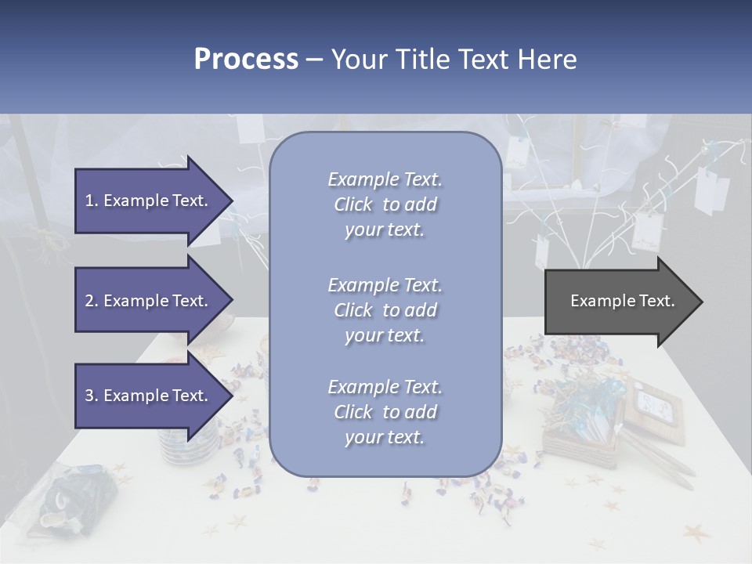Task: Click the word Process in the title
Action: (x=246, y=60)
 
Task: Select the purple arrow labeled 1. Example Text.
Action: (x=149, y=201)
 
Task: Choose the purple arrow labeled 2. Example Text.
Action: (x=149, y=301)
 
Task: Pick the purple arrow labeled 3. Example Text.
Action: (x=149, y=396)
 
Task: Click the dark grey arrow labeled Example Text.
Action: (x=619, y=302)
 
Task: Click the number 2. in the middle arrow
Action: (x=92, y=301)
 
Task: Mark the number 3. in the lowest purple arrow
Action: (x=92, y=396)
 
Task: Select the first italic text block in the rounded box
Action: (x=385, y=204)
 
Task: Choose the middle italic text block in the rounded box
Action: (x=385, y=310)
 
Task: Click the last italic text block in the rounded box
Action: (x=385, y=412)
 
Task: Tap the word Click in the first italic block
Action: (x=353, y=204)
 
